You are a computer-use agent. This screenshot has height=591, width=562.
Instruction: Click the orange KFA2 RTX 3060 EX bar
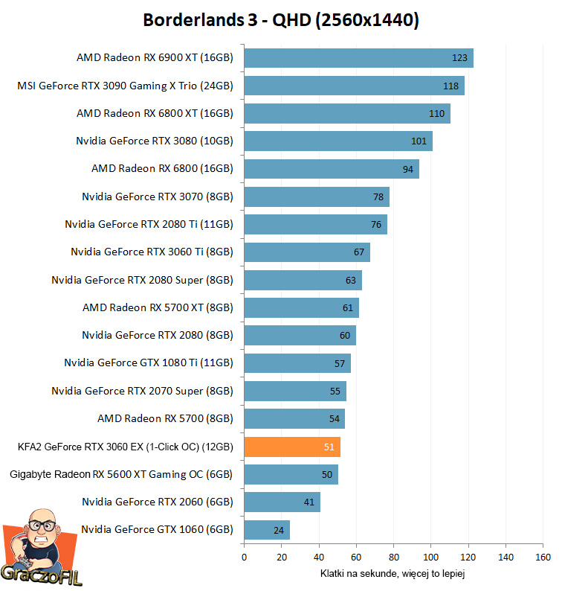291,447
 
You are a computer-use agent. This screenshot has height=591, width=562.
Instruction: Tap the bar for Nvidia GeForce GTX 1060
266,530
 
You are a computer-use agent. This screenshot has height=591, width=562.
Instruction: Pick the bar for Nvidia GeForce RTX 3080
337,141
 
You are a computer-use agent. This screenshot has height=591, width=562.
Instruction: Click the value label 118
450,86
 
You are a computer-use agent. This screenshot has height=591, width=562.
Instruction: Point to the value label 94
407,169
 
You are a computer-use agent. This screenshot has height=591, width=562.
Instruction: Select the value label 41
309,502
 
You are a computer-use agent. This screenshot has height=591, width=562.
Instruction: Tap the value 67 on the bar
359,252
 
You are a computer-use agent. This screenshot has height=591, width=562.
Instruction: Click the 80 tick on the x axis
393,557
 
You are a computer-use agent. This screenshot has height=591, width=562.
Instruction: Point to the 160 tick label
543,557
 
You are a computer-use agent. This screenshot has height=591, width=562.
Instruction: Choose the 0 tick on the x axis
244,557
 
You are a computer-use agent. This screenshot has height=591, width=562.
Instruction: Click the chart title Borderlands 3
281,20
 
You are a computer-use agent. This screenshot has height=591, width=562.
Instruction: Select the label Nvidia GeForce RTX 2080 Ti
149,224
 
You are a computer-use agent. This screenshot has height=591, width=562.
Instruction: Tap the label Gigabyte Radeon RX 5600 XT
121,474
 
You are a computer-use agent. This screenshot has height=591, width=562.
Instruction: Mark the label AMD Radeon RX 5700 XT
158,307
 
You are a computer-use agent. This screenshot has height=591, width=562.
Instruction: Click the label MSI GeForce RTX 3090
125,86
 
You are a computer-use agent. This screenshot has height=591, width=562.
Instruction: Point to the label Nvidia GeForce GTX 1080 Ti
149,363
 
